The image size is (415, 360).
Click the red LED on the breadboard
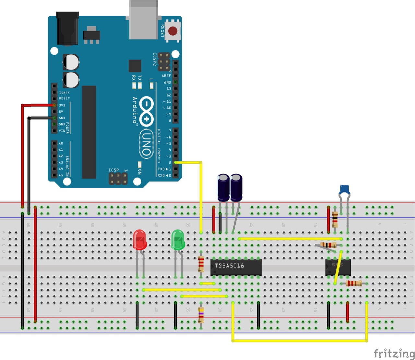pos(139,240)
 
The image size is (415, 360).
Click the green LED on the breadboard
pos(178,240)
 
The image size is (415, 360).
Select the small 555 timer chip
pos(338,267)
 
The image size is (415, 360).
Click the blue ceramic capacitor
pos(344,189)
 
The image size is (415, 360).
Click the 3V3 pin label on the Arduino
pos(62,105)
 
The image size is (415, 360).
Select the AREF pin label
pos(166,76)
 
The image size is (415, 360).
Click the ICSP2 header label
pos(155,59)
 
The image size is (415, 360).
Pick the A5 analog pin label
pos(61,175)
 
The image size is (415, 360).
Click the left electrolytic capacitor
pos(223,188)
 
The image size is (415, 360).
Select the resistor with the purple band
pos(201,315)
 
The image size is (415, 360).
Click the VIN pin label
pos(62,131)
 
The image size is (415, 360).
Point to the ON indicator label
pos(140,171)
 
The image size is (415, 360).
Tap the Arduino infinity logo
pos(146,110)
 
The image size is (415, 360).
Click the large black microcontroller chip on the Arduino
pos(89,132)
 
